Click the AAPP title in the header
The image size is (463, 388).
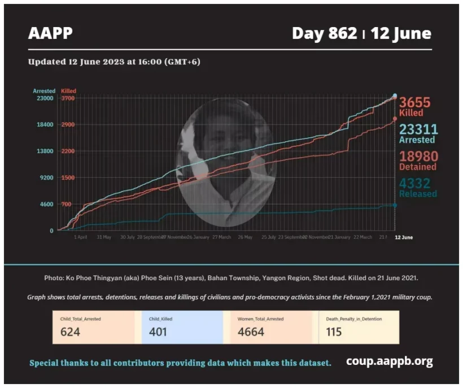tap(50, 33)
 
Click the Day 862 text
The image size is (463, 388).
tap(324, 33)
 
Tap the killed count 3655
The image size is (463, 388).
tap(415, 103)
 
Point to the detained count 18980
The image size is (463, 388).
tap(418, 156)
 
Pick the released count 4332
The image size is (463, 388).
tap(415, 184)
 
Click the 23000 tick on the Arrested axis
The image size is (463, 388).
tap(45, 98)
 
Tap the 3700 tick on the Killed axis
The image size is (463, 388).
tap(68, 98)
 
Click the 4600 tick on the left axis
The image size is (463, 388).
tap(46, 204)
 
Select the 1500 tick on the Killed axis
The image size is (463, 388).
tap(68, 177)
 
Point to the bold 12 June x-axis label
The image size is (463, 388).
tap(403, 237)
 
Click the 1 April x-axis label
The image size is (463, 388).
tap(81, 237)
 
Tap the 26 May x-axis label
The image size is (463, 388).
tap(244, 237)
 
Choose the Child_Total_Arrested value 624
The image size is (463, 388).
tap(70, 332)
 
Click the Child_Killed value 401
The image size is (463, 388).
tap(159, 332)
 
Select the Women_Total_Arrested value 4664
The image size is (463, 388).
tap(251, 332)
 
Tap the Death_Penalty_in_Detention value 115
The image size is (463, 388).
tap(334, 332)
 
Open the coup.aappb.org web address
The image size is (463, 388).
tap(389, 361)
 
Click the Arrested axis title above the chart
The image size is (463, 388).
tap(44, 91)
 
